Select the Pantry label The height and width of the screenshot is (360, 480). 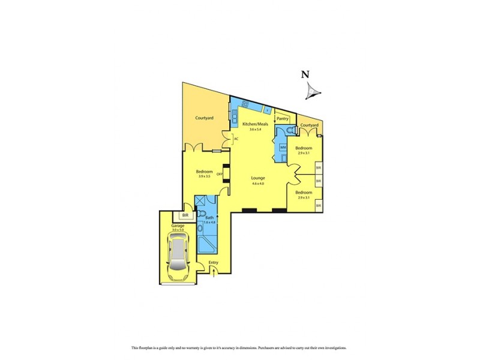coord(282,119)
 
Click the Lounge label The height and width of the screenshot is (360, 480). coord(259,178)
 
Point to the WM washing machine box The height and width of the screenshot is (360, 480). coord(283,147)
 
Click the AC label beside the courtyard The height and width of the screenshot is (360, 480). coord(236,139)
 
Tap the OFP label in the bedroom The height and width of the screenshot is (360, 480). coord(220,175)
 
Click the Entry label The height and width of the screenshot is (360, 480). coord(213,263)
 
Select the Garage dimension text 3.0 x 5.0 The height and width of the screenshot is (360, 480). coord(178,230)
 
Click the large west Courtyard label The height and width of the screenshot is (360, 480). coord(204,118)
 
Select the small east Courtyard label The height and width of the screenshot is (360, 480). coord(309,125)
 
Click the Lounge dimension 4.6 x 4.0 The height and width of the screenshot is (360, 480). coord(259,184)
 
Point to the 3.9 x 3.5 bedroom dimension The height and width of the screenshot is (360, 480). coord(204,176)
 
